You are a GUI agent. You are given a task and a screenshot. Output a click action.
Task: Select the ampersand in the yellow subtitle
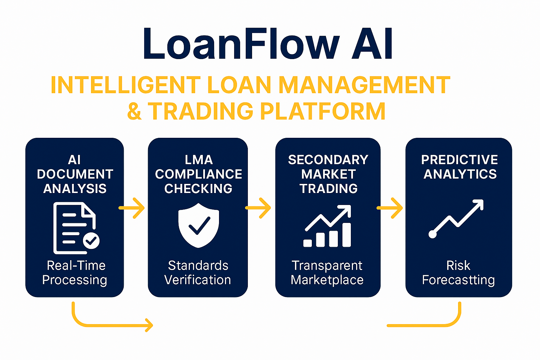[134, 111]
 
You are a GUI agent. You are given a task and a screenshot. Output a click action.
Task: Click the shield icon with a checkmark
[199, 225]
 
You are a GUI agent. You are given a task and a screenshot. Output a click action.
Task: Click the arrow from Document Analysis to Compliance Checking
[132, 208]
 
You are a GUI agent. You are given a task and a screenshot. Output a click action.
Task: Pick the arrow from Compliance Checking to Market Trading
[258, 208]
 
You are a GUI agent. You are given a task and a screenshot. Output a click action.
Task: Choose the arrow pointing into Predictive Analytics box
[390, 208]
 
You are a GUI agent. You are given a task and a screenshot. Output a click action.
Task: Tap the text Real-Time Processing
[75, 272]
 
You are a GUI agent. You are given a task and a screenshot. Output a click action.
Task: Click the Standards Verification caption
[198, 272]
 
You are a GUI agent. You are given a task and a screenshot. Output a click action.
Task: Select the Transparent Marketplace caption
[327, 272]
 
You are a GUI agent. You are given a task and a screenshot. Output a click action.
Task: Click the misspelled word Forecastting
[458, 280]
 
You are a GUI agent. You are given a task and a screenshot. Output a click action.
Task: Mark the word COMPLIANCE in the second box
[199, 174]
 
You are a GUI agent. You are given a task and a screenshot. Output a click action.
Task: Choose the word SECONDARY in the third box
[328, 160]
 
